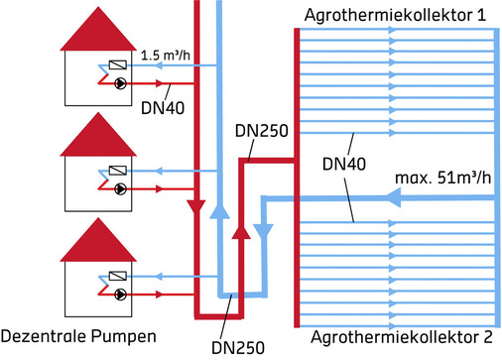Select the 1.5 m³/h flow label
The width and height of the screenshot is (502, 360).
pyautogui.click(x=167, y=56)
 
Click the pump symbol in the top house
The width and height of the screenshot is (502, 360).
pyautogui.click(x=120, y=83)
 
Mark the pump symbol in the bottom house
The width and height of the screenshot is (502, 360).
pyautogui.click(x=120, y=295)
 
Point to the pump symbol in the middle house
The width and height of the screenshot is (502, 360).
pyautogui.click(x=120, y=185)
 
